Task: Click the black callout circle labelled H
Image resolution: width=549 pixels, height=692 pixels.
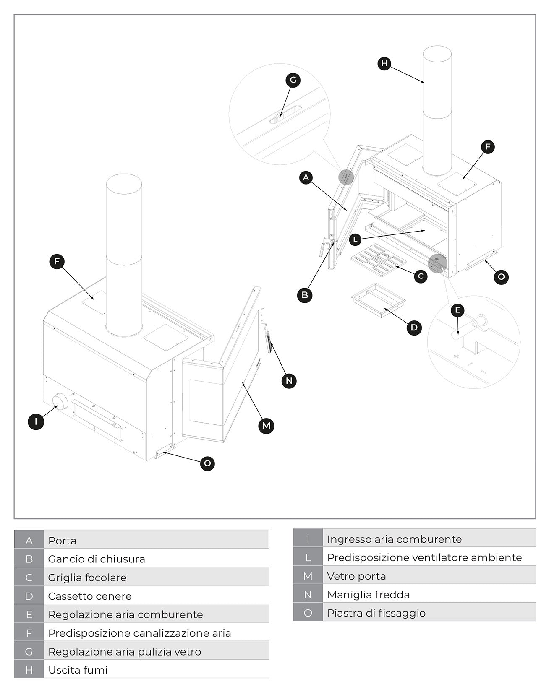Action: pos(384,64)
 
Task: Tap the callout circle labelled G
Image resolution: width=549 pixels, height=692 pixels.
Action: pos(293,80)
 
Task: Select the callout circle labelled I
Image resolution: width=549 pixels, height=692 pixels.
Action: pos(36,421)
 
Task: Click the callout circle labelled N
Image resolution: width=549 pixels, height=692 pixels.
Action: pos(289,381)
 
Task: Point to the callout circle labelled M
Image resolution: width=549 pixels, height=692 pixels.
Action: pos(266,426)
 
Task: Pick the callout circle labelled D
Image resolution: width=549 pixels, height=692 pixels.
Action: pos(414,328)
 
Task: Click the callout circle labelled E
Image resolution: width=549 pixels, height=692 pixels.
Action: pos(457,310)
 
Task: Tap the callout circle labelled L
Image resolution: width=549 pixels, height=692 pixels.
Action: pos(355,239)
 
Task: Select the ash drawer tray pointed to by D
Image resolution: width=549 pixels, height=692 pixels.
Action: pos(378,299)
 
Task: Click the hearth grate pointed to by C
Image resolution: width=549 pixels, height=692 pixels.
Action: pos(378,262)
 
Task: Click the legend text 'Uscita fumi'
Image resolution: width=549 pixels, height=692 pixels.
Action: pos(78,670)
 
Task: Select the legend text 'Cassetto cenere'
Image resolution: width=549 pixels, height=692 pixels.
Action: pos(90,596)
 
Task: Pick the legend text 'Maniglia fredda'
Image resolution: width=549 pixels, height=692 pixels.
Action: pos(368,595)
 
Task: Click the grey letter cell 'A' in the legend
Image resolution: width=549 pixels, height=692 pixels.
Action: pos(29,541)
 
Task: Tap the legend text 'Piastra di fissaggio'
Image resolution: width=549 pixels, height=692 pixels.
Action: pos(376,613)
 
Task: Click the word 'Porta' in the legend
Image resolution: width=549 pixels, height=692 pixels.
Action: pos(63,541)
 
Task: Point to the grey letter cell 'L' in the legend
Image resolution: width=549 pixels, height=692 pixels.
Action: pos(308,558)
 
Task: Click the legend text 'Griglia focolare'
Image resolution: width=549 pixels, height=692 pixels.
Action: pos(87,578)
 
